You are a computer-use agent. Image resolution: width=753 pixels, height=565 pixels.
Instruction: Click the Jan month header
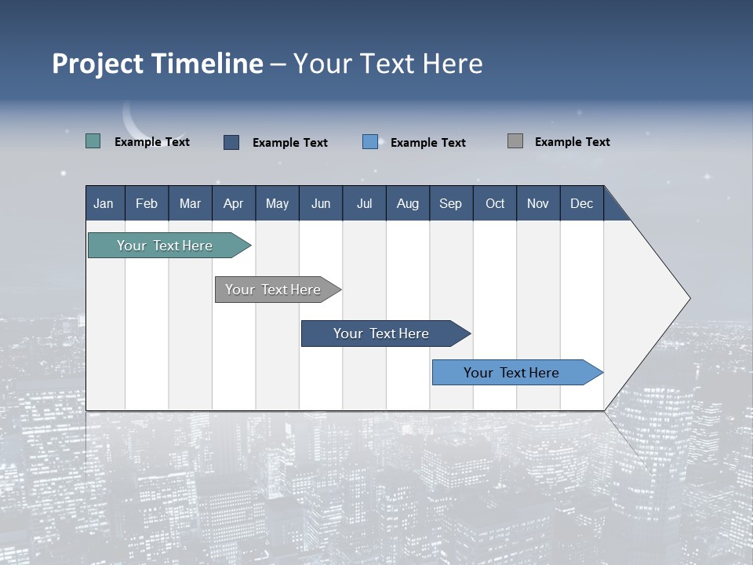pyautogui.click(x=104, y=203)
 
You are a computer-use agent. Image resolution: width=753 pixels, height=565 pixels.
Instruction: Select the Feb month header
pyautogui.click(x=147, y=203)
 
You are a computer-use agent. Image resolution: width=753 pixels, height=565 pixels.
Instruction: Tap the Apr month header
pyautogui.click(x=233, y=203)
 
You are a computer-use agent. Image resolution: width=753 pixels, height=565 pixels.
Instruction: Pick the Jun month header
pyautogui.click(x=321, y=203)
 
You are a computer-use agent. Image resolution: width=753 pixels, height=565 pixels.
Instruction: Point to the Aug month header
pyautogui.click(x=407, y=203)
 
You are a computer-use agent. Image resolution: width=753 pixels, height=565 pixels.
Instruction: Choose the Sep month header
pyautogui.click(x=450, y=203)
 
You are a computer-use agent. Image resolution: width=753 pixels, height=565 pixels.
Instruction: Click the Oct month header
pyautogui.click(x=495, y=203)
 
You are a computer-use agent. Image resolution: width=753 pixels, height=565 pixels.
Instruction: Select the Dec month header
pyautogui.click(x=581, y=203)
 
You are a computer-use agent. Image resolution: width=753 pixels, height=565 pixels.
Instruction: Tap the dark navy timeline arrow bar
pyautogui.click(x=382, y=334)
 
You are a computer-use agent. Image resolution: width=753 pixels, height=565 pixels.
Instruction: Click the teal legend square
pyautogui.click(x=93, y=141)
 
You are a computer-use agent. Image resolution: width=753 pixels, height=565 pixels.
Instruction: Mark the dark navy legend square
pyautogui.click(x=231, y=142)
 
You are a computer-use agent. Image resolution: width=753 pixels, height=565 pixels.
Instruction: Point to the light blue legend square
pyautogui.click(x=370, y=142)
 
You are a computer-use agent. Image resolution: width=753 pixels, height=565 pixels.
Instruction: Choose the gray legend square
pyautogui.click(x=515, y=141)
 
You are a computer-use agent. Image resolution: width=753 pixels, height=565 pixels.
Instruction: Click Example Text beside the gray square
pyautogui.click(x=572, y=142)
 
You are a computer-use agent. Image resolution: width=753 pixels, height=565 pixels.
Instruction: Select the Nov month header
pyautogui.click(x=538, y=203)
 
